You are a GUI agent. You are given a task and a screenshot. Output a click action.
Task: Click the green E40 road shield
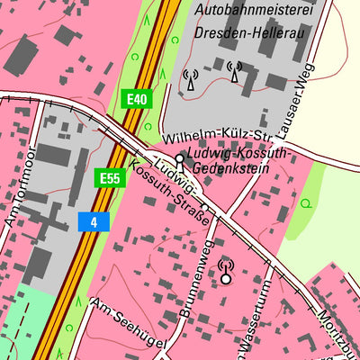[x=136, y=98]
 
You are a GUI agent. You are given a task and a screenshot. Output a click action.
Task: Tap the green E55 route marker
[x=109, y=177]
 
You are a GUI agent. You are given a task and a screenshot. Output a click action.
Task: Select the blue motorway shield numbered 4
[x=93, y=220]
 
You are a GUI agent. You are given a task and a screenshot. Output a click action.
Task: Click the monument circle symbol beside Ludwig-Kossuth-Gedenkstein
[x=180, y=159]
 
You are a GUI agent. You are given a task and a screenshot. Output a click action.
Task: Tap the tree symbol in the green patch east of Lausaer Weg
[x=305, y=203]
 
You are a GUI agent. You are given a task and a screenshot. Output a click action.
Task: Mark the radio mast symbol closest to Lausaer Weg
[x=235, y=72]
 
